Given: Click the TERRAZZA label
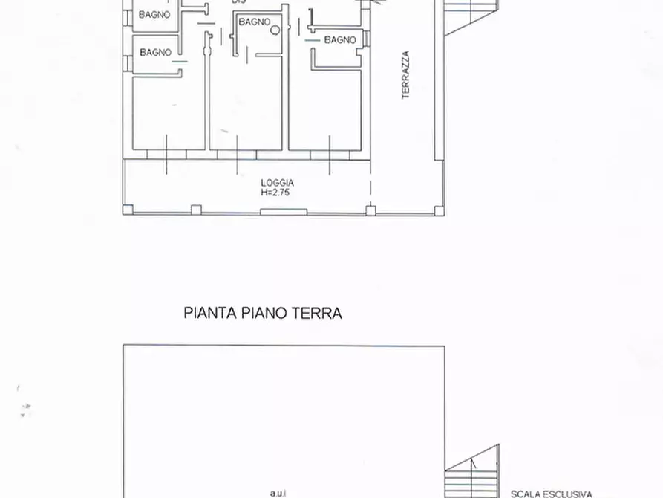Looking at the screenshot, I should click(x=405, y=75).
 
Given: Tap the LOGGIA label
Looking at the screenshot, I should click(x=277, y=183).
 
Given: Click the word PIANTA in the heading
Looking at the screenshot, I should click(x=210, y=314).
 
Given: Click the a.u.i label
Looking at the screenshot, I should click(x=279, y=492).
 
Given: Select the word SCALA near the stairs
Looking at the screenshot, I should click(x=525, y=494).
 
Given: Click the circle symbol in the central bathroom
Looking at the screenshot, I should click(x=275, y=30).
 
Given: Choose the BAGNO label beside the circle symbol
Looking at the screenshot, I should click(x=254, y=22).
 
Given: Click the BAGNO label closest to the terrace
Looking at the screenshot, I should click(x=340, y=39).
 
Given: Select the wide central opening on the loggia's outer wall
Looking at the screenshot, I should click(x=284, y=213).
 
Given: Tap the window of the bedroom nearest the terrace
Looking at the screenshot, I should click(x=330, y=154).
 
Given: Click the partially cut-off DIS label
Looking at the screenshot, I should click(x=238, y=2).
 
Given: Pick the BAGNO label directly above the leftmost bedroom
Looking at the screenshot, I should click(x=155, y=52).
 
